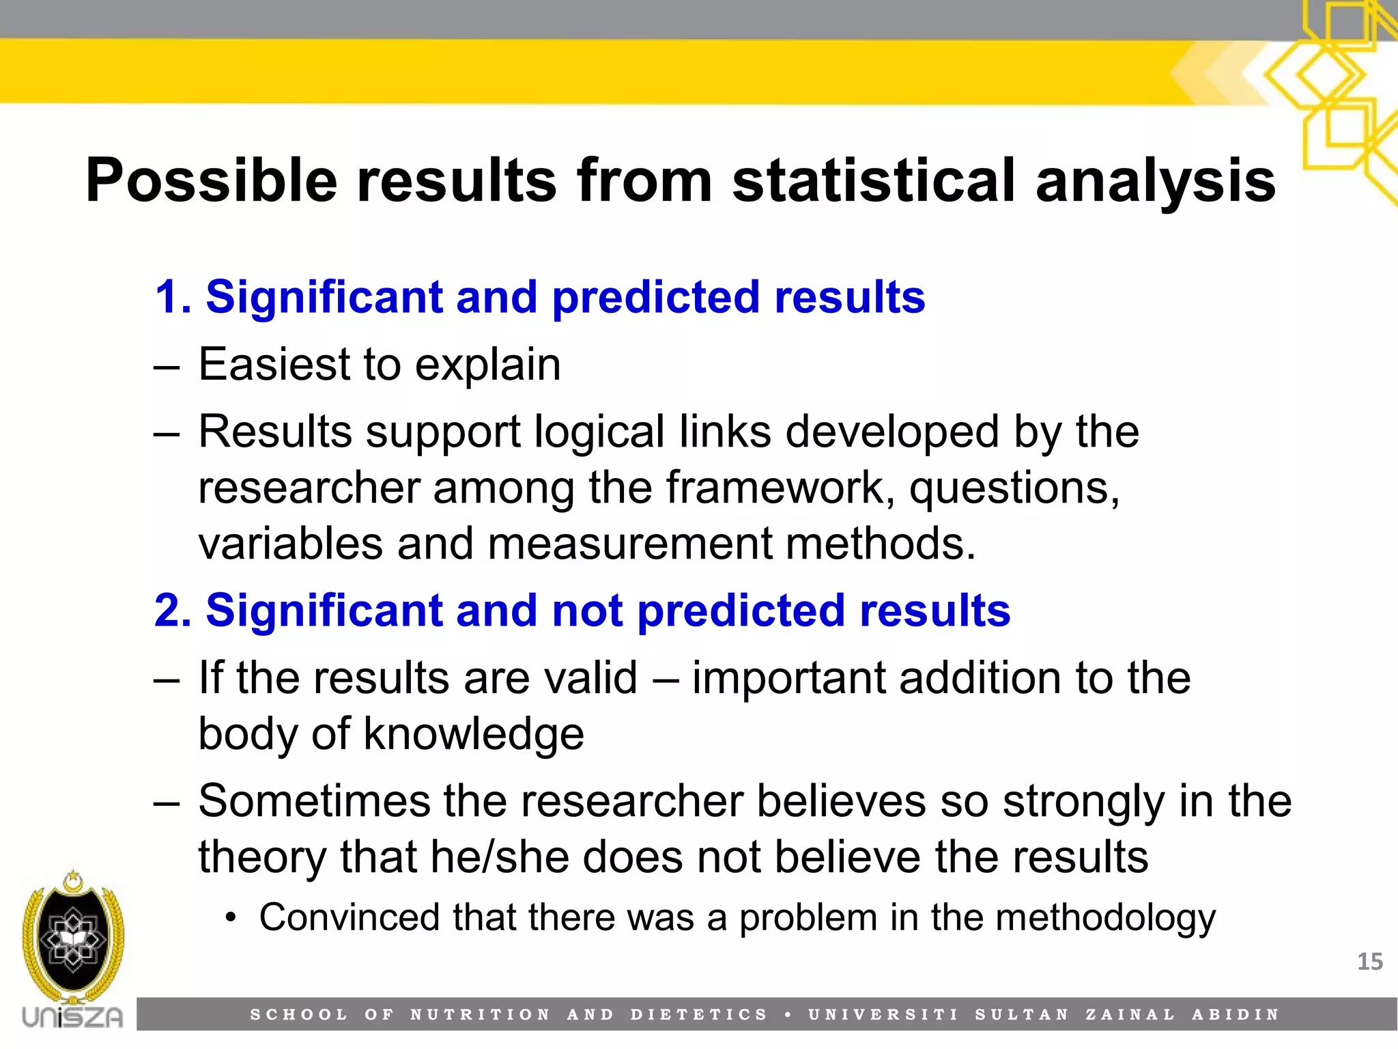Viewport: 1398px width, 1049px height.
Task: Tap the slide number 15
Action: click(1369, 962)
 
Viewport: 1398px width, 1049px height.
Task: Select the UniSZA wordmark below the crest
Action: click(73, 1017)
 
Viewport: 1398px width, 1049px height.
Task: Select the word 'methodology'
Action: click(1106, 917)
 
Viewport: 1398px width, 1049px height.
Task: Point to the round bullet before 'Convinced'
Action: click(231, 918)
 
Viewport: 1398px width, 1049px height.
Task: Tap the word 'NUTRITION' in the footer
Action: click(480, 1015)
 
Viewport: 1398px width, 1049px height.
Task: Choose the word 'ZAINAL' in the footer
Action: click(1130, 1015)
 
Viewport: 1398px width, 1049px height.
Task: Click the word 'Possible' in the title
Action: click(212, 180)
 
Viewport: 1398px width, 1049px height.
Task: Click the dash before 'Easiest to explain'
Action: click(167, 367)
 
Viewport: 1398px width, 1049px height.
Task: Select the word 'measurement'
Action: click(630, 544)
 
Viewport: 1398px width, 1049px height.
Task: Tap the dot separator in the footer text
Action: click(788, 1015)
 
